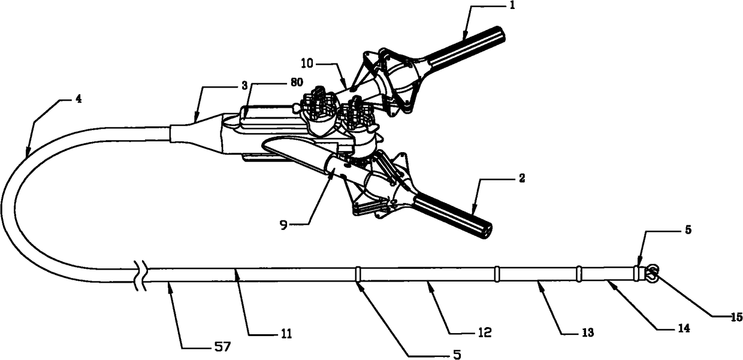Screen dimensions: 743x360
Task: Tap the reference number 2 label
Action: click(522, 178)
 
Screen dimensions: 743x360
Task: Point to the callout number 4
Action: click(79, 99)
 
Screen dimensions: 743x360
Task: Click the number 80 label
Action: click(296, 81)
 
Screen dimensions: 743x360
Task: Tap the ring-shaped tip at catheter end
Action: click(652, 274)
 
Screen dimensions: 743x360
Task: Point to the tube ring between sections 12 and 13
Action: click(497, 274)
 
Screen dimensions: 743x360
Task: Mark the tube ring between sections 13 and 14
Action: click(579, 274)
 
